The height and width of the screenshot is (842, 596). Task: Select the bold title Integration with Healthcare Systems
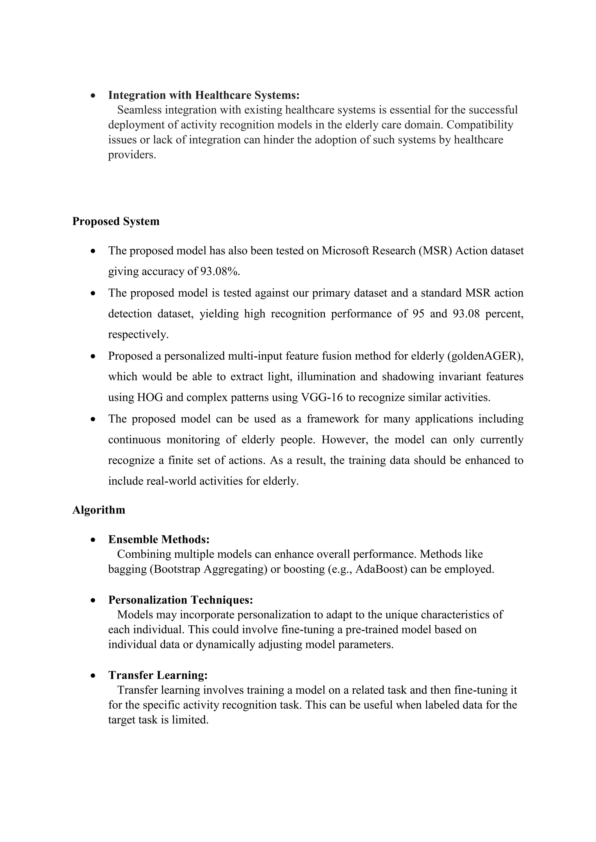(204, 95)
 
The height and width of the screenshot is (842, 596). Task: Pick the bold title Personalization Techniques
(180, 600)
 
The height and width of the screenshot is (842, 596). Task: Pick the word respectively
(138, 335)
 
